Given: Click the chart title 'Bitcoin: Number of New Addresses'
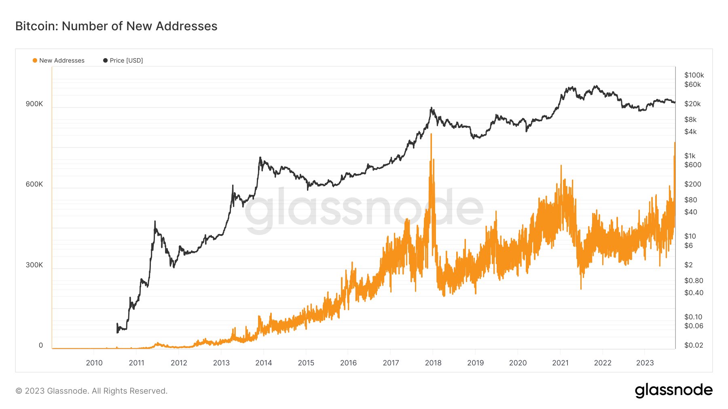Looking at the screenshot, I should click(116, 26).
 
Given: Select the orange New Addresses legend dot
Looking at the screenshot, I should click(35, 61).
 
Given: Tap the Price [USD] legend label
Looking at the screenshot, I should click(126, 61).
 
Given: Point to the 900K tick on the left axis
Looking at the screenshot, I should click(34, 104).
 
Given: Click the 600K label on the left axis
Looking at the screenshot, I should click(34, 184).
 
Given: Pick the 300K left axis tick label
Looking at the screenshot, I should click(34, 265).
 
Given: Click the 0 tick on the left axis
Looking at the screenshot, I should click(40, 345).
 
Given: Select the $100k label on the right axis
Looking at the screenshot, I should click(694, 75).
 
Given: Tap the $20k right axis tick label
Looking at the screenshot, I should click(692, 104).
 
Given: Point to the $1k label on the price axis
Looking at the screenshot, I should click(690, 156).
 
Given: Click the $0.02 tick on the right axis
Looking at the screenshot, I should click(694, 345).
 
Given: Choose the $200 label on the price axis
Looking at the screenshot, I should click(692, 184).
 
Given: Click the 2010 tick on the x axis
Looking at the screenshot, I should click(94, 363).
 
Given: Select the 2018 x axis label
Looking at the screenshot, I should click(433, 363).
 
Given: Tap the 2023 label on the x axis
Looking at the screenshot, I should click(645, 363).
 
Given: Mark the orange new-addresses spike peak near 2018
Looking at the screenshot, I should click(431, 134).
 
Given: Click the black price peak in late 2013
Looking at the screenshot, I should click(260, 157).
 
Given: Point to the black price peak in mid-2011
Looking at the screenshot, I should click(155, 221).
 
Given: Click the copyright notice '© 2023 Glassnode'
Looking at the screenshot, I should click(91, 391).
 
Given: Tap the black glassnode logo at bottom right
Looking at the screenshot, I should click(673, 390).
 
